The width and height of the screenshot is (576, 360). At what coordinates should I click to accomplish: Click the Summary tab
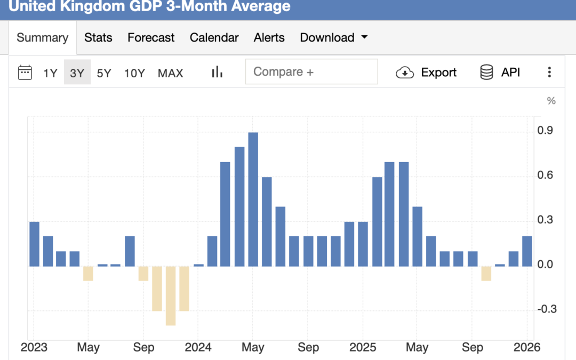tap(42, 38)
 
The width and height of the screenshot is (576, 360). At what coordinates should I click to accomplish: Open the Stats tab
tap(98, 38)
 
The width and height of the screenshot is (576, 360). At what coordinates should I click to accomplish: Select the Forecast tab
tap(151, 38)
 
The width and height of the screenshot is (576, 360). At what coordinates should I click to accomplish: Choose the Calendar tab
tap(214, 38)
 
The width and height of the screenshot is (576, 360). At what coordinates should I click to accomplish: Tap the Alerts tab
tap(269, 38)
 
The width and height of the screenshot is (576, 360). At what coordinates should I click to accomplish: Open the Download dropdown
tap(334, 38)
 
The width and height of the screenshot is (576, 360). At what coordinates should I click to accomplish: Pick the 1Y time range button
tap(50, 73)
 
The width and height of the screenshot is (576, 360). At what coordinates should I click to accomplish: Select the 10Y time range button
tap(134, 73)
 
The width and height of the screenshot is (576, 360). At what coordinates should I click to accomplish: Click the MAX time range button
tap(170, 73)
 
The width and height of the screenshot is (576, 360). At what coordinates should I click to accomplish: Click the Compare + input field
tap(311, 72)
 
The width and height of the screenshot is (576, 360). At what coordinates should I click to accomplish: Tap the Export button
tap(426, 73)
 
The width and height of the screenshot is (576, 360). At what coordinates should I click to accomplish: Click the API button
tap(500, 73)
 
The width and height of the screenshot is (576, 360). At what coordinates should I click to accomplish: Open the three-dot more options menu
tap(549, 73)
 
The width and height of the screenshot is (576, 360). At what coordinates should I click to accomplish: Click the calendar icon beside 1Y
tap(25, 73)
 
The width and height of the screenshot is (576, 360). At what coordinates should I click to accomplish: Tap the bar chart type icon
tap(217, 73)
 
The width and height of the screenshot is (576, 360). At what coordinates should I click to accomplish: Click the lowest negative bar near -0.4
tap(170, 295)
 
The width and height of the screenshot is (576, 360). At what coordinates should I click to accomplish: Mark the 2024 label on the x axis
tap(198, 348)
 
